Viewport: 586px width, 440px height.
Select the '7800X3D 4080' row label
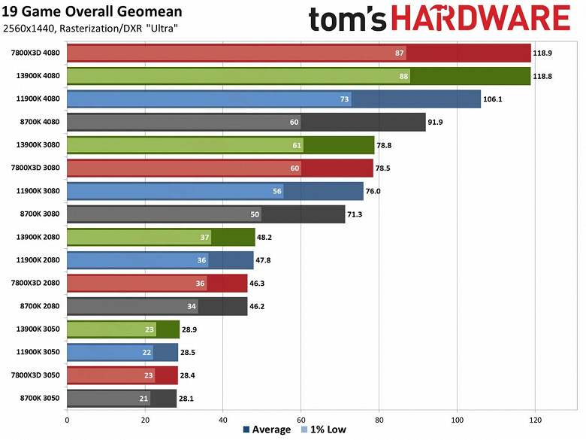[36, 53]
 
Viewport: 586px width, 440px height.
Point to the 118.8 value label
[544, 76]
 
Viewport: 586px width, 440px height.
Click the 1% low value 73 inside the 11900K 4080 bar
[345, 99]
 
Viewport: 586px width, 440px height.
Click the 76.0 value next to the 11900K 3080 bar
[375, 192]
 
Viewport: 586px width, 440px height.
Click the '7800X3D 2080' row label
[36, 284]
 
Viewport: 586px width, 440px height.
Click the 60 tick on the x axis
[301, 420]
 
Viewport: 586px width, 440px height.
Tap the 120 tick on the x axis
[535, 420]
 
